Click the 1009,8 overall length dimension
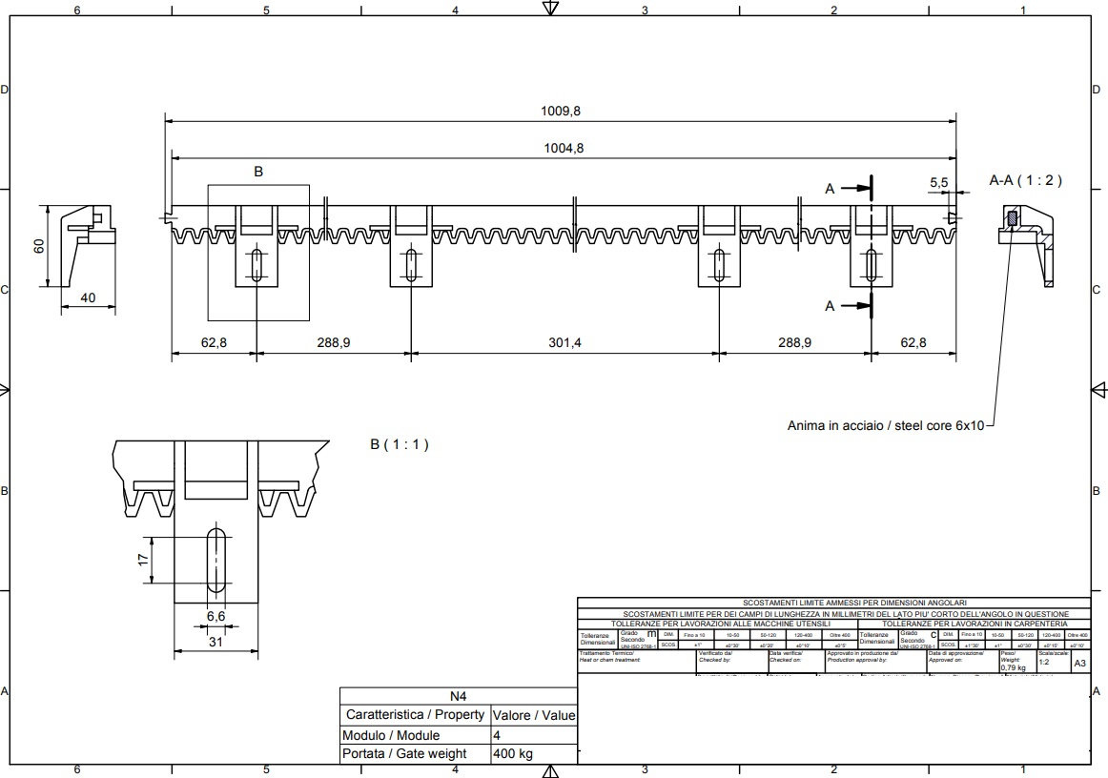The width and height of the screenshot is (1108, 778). pos(561,111)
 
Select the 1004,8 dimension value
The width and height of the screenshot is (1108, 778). pos(563,148)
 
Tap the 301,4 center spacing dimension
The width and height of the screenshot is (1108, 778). pos(564,342)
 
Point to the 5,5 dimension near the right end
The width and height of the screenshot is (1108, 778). pos(938,182)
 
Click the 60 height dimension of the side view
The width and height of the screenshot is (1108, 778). pos(39,245)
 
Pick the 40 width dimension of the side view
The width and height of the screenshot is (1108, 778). pos(88,297)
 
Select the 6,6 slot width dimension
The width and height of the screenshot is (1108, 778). pos(216,617)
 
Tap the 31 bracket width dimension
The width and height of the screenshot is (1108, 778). pos(216,642)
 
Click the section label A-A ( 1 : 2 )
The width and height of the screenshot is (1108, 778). pos(1025,179)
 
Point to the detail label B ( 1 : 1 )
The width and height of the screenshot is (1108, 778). pos(400,444)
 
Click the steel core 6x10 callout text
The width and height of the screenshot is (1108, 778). pos(885,425)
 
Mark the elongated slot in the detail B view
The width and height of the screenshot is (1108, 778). pos(217,560)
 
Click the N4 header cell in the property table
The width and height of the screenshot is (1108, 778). pos(458,696)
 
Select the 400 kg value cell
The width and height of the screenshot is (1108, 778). pos(512,754)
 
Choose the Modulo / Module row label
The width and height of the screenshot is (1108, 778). pos(391,735)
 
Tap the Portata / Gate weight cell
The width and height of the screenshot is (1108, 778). pos(404,754)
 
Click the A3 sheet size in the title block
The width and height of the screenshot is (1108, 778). pos(1079,663)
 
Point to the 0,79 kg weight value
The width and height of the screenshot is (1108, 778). pos(1013,668)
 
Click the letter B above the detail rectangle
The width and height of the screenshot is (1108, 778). pos(257,172)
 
